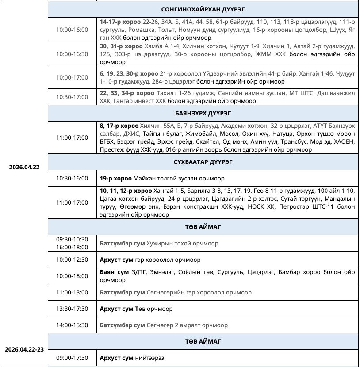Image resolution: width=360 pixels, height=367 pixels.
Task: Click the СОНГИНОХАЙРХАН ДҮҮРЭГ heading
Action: point(203,9)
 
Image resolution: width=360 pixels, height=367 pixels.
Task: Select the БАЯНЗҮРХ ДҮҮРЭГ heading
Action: point(203,113)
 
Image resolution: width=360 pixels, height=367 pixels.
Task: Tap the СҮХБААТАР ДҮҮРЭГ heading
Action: point(203,162)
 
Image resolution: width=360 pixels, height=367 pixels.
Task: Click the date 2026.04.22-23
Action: point(24,349)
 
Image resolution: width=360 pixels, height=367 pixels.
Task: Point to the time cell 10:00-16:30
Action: point(72,54)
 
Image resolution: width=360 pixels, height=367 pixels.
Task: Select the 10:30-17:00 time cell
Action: point(72,97)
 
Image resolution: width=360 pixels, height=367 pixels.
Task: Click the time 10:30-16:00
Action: point(72,178)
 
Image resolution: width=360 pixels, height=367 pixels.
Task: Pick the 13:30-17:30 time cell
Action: point(72,309)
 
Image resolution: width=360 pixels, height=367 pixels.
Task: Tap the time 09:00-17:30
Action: point(72,358)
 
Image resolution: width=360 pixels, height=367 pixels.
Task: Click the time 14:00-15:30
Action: point(72,325)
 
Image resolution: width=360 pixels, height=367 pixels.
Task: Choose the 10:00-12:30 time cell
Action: point(72,260)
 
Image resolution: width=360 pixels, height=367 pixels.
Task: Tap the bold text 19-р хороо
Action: point(116,178)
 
